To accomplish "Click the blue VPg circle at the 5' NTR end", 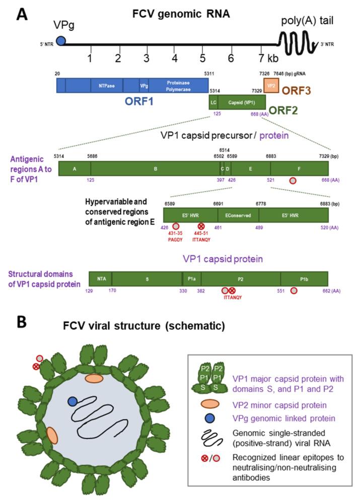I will pyautogui.click(x=61, y=40).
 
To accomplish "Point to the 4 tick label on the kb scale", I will pyautogui.click(x=175, y=58).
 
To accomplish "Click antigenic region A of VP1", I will pyautogui.click(x=74, y=168).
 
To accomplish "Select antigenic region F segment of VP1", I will pyautogui.click(x=300, y=168).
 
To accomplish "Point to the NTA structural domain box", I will pyautogui.click(x=100, y=278).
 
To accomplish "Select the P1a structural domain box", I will pyautogui.click(x=191, y=278).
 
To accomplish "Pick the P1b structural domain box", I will pyautogui.click(x=304, y=278).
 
